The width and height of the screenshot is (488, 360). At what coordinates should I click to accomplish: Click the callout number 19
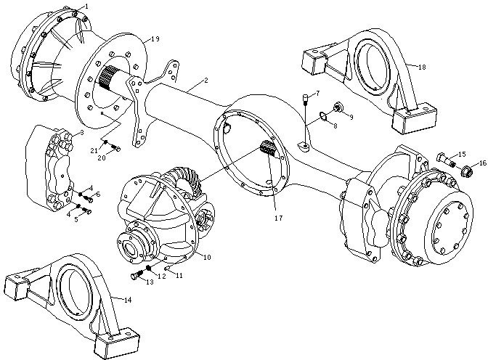coord(155,39)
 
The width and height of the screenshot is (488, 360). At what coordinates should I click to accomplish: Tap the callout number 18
coord(422,67)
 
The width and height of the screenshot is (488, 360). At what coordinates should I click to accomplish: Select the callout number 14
coord(128,300)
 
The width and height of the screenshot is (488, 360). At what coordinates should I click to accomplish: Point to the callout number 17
coord(279,218)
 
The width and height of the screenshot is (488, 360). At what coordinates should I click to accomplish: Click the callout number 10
coord(207,257)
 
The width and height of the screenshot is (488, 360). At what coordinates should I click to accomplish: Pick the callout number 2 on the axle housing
coord(206,81)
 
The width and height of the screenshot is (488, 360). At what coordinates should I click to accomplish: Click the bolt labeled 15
coord(446,159)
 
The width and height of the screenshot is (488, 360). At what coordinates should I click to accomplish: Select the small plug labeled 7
coord(306,99)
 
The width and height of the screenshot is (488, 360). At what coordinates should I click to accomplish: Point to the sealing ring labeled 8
coord(323,116)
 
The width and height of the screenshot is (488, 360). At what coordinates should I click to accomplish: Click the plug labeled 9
coord(337,107)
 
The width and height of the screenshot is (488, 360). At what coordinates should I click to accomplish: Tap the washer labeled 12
coord(149,268)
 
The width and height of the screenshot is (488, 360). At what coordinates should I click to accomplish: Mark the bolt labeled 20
coord(115,148)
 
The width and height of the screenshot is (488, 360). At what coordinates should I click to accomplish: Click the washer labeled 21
coord(105,142)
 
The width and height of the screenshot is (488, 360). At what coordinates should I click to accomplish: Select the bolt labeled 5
coord(86,211)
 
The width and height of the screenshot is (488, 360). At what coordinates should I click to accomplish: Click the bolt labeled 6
coord(88,198)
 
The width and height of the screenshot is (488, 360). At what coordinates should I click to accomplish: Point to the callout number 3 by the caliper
coord(82,133)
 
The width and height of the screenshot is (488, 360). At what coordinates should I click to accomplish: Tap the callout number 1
coord(86,7)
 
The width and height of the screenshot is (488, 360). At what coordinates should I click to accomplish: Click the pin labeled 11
coord(168,269)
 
